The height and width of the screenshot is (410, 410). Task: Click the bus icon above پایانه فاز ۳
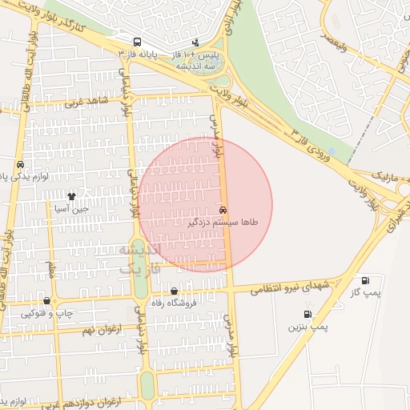coord(137,42)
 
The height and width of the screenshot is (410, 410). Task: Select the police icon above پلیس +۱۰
coord(195,42)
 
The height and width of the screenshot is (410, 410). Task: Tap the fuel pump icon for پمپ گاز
coord(366,281)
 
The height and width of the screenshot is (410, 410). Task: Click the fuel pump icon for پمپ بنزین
coord(307,315)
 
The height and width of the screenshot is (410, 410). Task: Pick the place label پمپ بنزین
coord(308,328)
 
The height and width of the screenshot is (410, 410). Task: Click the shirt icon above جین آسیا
coord(71,195)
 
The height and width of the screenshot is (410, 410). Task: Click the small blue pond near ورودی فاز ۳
coord(332,151)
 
